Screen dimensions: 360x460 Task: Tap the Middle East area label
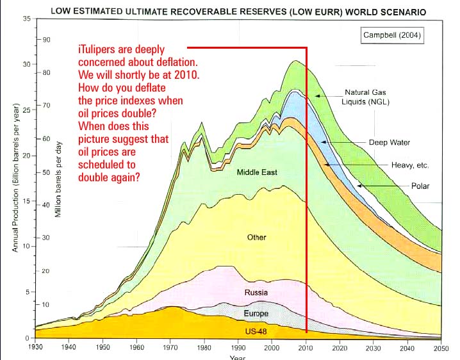pos(256,172)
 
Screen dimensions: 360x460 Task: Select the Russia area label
pos(256,293)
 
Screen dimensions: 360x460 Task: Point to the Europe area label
pos(256,314)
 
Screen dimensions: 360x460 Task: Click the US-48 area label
pos(256,331)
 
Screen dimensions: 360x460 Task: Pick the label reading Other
pos(256,238)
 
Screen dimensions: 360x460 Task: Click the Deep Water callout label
pos(390,142)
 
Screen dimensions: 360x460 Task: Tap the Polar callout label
pos(420,186)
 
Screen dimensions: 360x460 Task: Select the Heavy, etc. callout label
pos(410,165)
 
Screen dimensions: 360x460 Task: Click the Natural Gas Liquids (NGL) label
pos(366,97)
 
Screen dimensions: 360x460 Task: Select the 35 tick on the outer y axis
pos(26,19)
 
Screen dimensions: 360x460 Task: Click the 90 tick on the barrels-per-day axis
pos(47,40)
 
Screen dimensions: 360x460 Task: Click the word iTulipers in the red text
pos(101,49)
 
